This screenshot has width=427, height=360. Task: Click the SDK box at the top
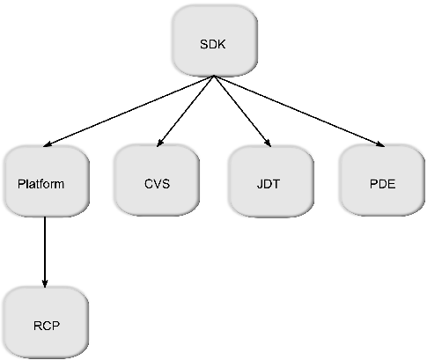[214, 43]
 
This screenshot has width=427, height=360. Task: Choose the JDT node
[270, 183]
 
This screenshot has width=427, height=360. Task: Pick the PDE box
[383, 183]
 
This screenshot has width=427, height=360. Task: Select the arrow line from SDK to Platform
[128, 111]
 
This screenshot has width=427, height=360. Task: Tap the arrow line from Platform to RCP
[44, 251]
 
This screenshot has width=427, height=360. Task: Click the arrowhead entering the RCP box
[44, 283]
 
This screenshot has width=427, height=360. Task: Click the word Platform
[41, 185]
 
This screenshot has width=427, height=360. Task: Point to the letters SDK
[214, 43]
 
